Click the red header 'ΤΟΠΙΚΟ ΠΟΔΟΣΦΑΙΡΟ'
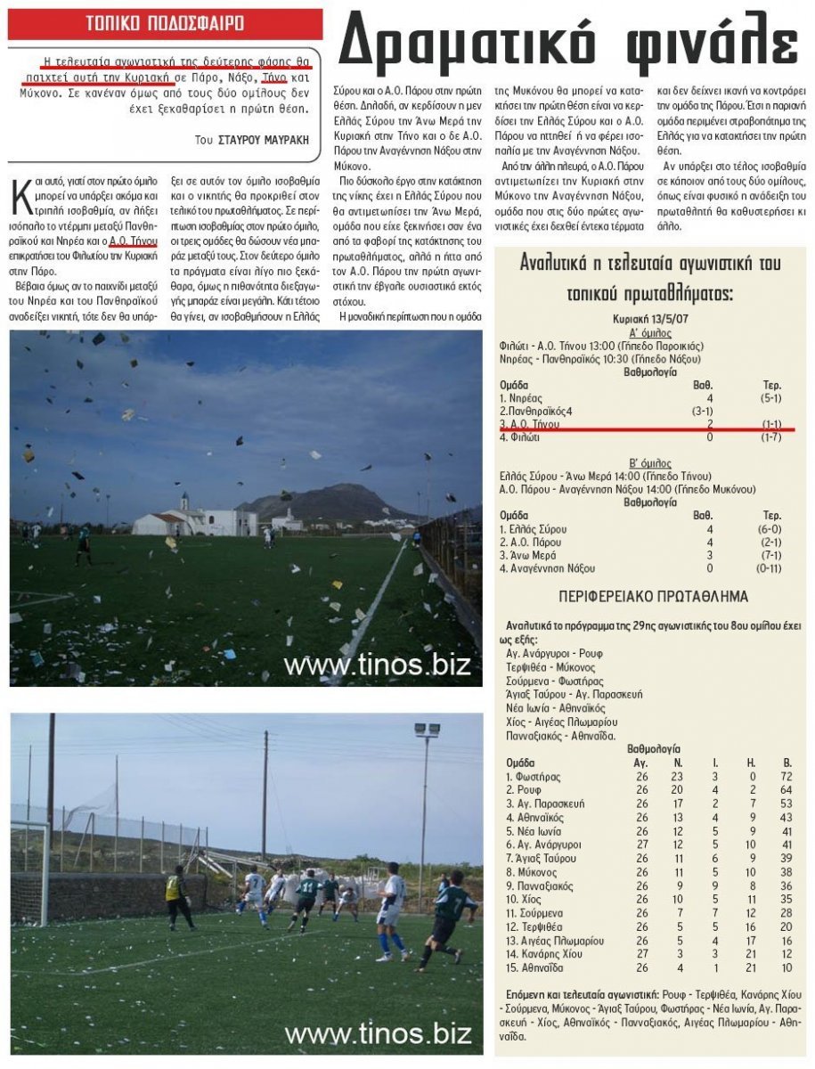point(164,23)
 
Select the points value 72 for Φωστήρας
point(786,777)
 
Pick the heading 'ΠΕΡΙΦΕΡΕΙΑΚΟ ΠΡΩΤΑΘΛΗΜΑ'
point(653,596)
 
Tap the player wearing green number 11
point(308,895)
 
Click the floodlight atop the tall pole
point(427,730)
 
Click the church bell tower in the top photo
point(183,504)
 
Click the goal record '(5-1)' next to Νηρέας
point(771,398)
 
